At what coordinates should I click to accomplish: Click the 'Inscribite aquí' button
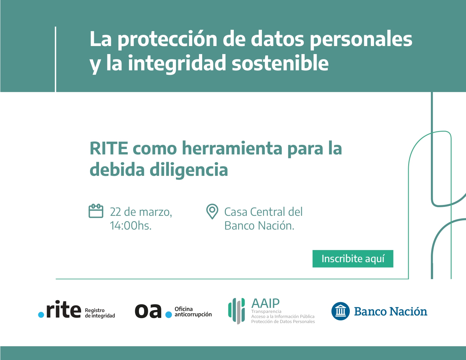click(x=353, y=259)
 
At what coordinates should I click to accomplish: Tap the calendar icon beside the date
click(x=96, y=211)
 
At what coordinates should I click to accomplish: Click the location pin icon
click(x=212, y=211)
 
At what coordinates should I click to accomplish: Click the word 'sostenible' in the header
click(x=280, y=63)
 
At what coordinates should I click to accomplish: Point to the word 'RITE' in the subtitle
click(x=109, y=148)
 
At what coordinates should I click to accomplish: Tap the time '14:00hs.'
click(x=131, y=226)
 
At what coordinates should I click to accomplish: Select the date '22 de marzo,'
click(x=141, y=212)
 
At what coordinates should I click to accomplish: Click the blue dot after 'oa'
click(x=169, y=315)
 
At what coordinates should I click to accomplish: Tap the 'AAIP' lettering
click(x=265, y=303)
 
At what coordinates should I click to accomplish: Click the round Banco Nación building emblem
click(x=340, y=311)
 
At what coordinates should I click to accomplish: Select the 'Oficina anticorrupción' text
click(x=193, y=312)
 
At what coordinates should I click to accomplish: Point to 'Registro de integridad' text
click(x=100, y=313)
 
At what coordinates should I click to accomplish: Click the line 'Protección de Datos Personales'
click(x=283, y=321)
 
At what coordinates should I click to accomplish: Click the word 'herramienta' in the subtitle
click(x=232, y=148)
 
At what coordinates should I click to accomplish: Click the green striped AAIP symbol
click(x=237, y=311)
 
